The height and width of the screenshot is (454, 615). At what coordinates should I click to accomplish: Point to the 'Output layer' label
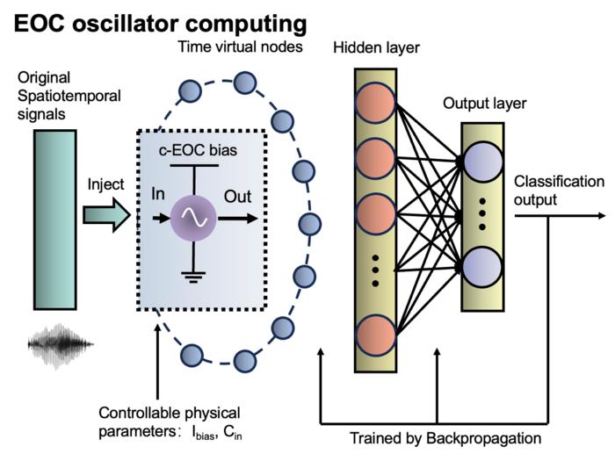[x=484, y=104]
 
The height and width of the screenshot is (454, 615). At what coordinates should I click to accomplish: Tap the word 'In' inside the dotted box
[x=158, y=196]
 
